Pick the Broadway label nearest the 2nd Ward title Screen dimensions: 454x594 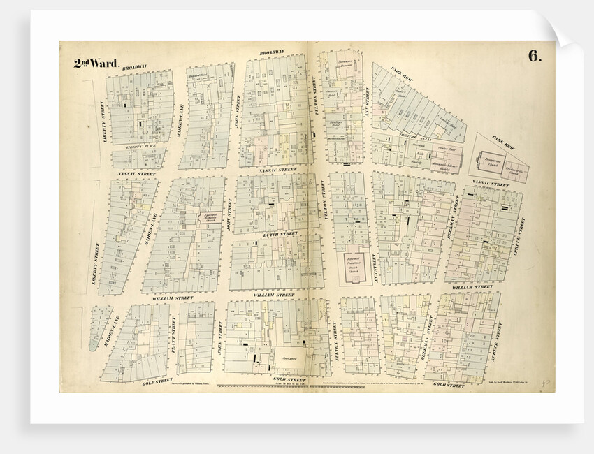(x=135, y=68)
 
